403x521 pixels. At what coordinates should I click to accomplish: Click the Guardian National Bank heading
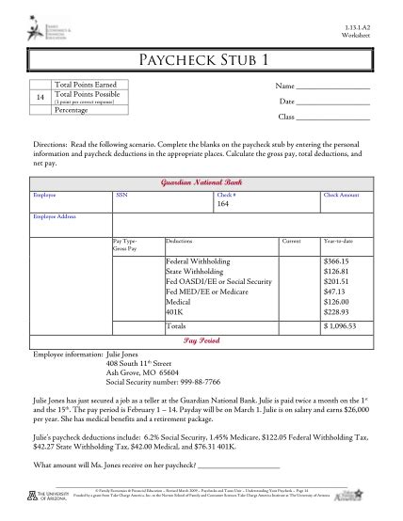pyautogui.click(x=201, y=179)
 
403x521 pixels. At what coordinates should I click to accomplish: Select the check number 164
pyautogui.click(x=223, y=203)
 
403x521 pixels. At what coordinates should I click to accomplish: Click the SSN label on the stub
pyautogui.click(x=121, y=194)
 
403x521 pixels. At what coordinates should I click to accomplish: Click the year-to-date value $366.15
pyautogui.click(x=336, y=260)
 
